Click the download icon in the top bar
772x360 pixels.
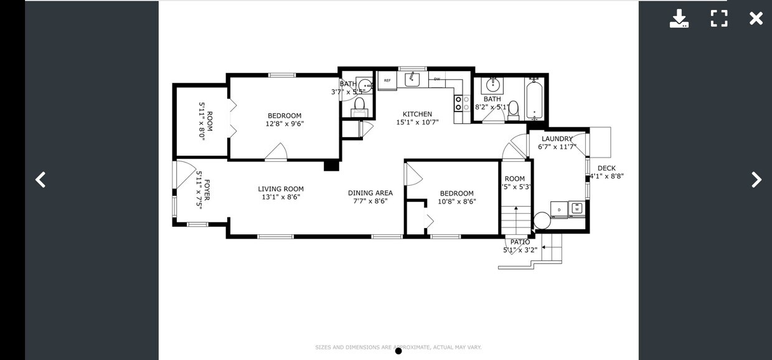tap(679, 19)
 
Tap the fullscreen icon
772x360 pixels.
tap(719, 19)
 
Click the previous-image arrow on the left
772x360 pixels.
tap(40, 180)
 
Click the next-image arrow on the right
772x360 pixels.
tap(756, 180)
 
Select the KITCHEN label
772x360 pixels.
tap(417, 114)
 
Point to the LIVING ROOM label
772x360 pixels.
tap(281, 189)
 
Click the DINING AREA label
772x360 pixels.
tap(370, 193)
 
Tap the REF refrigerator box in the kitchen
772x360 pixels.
tap(387, 80)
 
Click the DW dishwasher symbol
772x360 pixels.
tap(437, 79)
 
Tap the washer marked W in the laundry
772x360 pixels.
tap(577, 209)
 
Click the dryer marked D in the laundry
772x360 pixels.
tap(559, 210)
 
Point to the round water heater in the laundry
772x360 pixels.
tap(542, 220)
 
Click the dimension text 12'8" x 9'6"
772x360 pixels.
tap(285, 123)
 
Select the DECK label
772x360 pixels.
tap(606, 168)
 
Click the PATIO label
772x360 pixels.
tap(520, 242)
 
